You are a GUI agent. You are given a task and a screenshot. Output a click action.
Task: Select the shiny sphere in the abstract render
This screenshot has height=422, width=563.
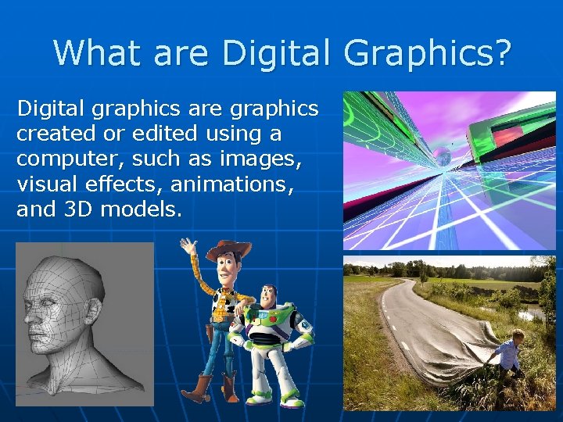coord(442,156)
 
